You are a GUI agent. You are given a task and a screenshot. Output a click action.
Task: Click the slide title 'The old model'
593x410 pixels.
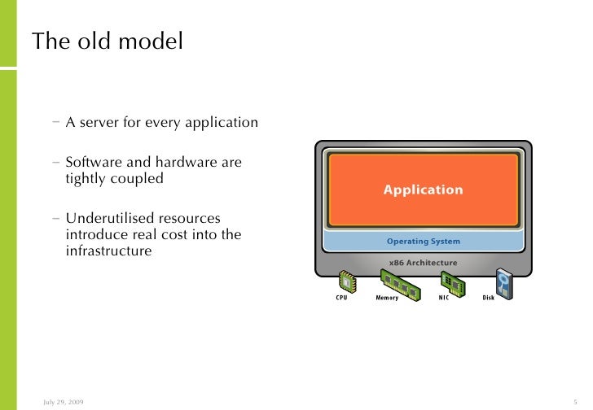coord(107,41)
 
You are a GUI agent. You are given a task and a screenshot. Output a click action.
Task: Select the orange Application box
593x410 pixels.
coord(423,190)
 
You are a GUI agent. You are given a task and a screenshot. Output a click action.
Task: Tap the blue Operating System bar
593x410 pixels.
coord(423,241)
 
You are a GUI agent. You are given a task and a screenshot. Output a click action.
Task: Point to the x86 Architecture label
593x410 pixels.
coord(423,263)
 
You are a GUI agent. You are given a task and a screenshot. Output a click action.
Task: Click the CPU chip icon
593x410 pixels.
coord(348,281)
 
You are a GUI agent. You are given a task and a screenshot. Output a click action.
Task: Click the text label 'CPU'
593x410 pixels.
coord(342,298)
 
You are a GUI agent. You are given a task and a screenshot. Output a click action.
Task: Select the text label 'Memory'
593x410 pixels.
coord(387,298)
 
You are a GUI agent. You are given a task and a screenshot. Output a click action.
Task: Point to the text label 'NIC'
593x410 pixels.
coord(444,298)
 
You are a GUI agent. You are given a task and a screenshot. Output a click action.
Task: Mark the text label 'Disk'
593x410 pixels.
coord(488,298)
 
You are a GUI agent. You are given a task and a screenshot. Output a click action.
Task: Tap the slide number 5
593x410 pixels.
coord(575,402)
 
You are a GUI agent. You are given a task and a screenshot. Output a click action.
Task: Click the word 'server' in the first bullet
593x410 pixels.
coord(99,124)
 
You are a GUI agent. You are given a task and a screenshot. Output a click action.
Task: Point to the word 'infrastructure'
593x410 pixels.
coord(108,251)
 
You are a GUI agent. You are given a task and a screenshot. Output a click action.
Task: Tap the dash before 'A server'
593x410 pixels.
coord(55,124)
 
